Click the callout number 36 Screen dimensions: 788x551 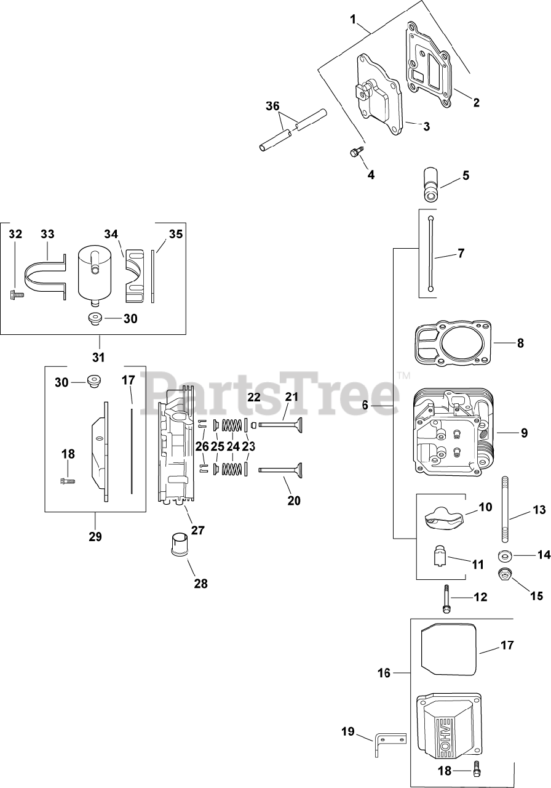271,106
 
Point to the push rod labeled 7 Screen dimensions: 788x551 432,252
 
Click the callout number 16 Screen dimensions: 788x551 384,673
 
